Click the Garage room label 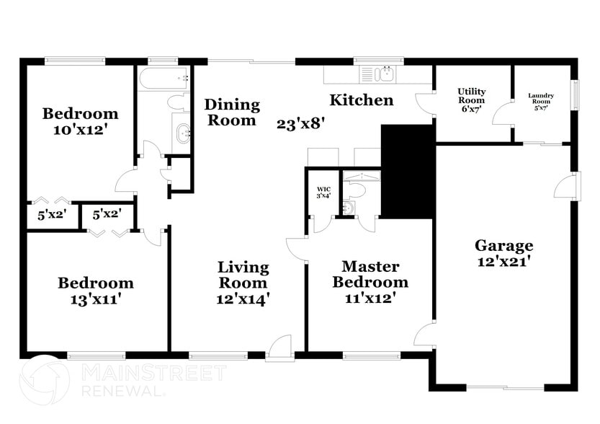[x=503, y=245]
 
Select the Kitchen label [x=362, y=100]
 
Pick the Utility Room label [x=472, y=95]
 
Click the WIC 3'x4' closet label [x=323, y=193]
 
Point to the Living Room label [x=243, y=275]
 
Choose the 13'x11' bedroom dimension [x=96, y=299]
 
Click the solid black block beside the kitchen [x=407, y=172]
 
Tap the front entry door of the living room [x=279, y=348]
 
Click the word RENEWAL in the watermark [x=123, y=390]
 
